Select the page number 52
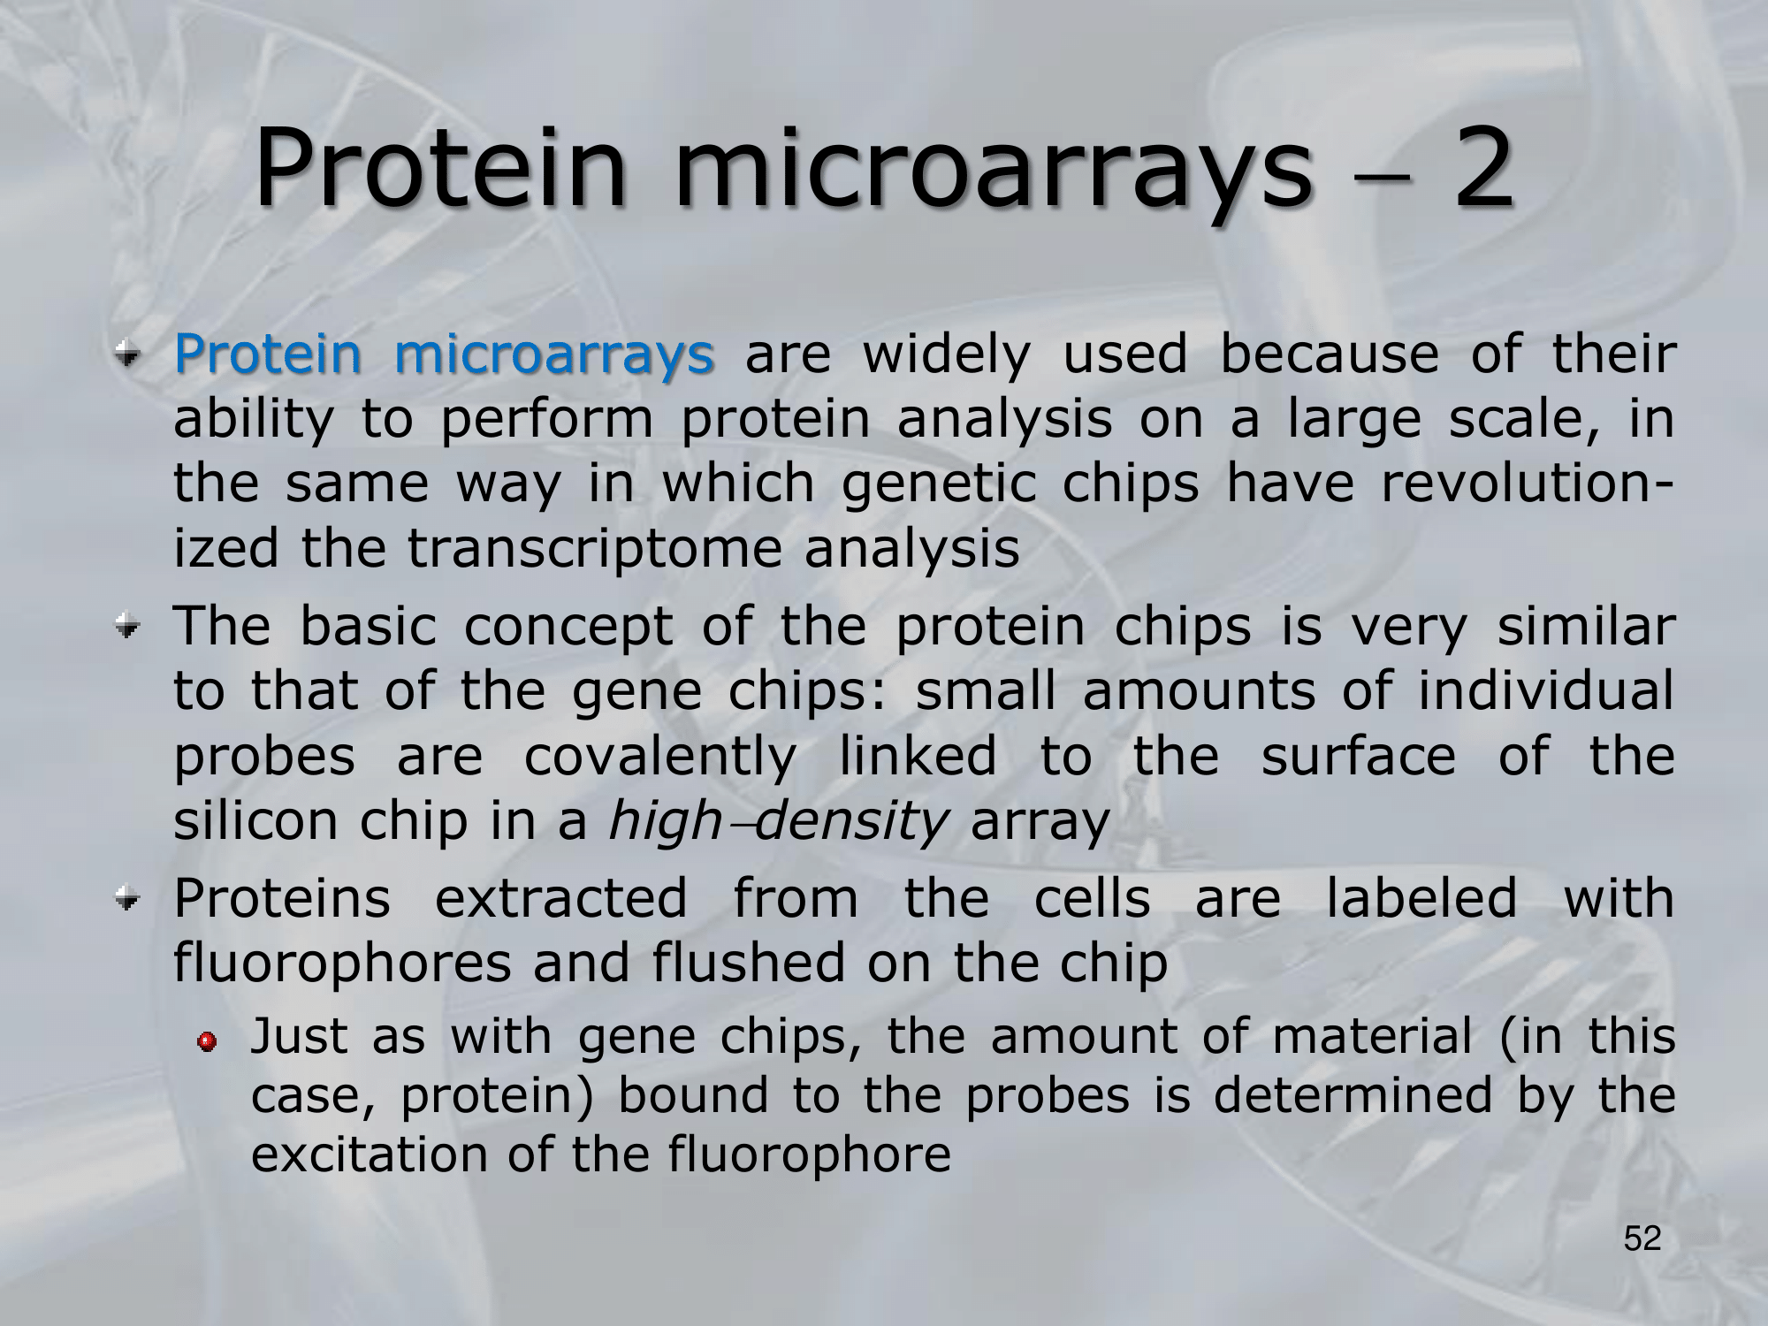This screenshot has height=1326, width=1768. pos(1642,1238)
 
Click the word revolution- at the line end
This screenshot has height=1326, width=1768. pos(1527,484)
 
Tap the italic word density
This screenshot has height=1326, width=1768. pos(850,821)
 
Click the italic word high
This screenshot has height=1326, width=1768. pos(665,821)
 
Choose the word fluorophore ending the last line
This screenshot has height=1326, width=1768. pos(809,1155)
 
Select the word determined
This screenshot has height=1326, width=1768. pos(1353,1095)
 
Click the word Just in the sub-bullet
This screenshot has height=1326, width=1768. pos(300,1036)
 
